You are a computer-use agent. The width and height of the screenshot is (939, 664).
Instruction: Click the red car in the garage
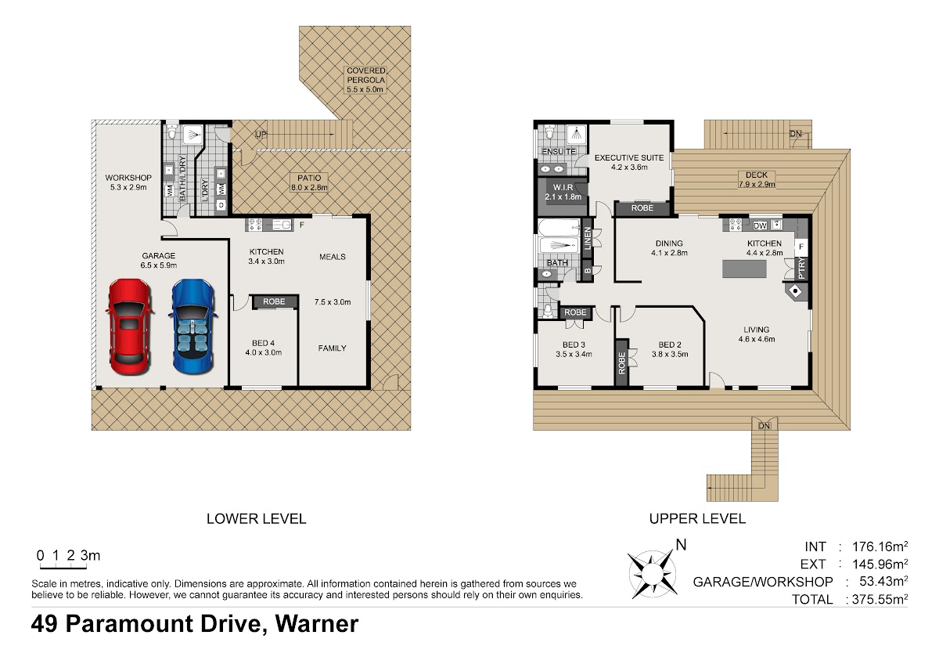pos(129,327)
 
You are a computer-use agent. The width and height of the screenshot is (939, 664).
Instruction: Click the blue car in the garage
pos(193,327)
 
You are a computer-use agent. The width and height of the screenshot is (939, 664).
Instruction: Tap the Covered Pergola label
pos(365,80)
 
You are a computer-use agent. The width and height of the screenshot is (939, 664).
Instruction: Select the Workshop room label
pos(128,182)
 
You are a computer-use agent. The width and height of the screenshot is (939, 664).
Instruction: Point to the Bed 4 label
pos(263,348)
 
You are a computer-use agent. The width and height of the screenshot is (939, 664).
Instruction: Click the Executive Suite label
pos(629,162)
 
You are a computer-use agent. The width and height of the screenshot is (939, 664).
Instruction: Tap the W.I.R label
pos(563,192)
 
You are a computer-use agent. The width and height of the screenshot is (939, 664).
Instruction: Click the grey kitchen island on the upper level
pos(744,269)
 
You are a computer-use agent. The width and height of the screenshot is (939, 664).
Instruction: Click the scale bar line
pos(63,568)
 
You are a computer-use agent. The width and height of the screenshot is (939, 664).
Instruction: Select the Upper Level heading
pos(697,519)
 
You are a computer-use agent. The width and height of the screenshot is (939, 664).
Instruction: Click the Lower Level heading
pos(257,519)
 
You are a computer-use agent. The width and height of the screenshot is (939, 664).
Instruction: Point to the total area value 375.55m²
pos(880,599)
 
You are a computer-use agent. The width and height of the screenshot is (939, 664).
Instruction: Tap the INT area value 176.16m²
pos(880,547)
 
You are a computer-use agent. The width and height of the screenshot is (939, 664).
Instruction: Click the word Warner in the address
pos(317,624)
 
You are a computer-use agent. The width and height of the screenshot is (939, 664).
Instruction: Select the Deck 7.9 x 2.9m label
pos(757,179)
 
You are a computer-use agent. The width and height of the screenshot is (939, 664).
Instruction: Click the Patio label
pos(309,182)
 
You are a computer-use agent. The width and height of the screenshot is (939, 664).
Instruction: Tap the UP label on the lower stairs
pos(261,134)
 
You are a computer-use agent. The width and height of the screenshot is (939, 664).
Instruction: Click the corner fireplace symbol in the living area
pos(796,291)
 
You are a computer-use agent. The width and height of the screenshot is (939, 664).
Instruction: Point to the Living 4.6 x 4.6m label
pos(757,334)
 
